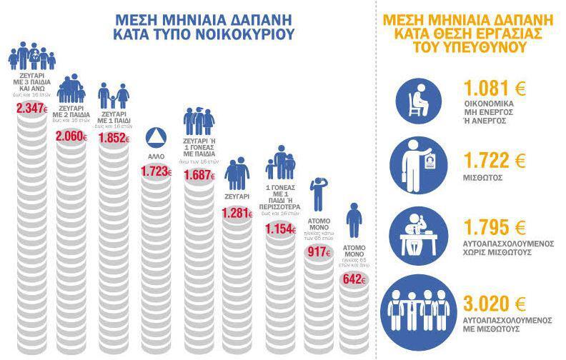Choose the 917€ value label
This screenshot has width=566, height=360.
pos(318,252)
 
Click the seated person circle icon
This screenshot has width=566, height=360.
pos(418,97)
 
